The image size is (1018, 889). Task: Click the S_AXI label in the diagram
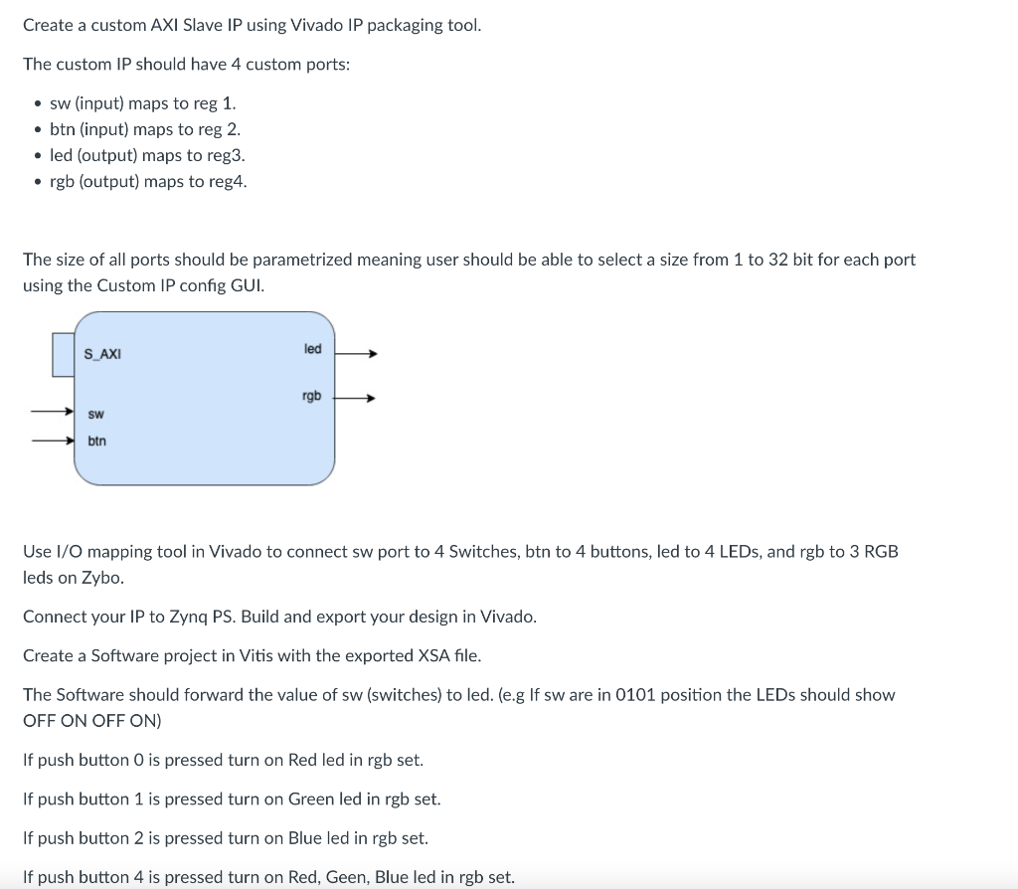click(x=102, y=354)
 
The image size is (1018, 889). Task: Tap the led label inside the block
click(x=312, y=349)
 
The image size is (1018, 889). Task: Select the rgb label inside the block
click(x=311, y=396)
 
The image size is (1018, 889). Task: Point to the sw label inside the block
click(x=96, y=414)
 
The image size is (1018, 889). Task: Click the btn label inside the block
click(x=96, y=441)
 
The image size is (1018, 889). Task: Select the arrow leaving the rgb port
click(x=355, y=399)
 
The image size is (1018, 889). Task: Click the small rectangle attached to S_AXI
click(x=63, y=355)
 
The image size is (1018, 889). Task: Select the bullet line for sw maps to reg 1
click(x=142, y=103)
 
